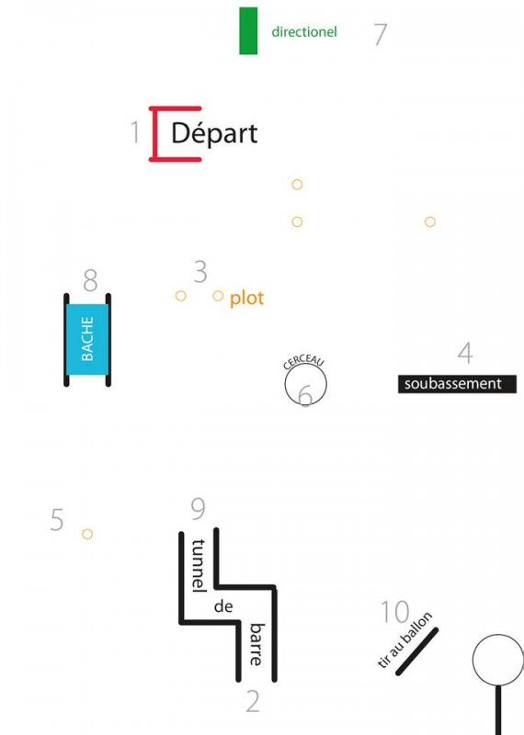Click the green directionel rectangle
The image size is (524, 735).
248,31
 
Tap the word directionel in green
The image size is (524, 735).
304,32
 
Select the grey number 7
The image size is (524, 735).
381,34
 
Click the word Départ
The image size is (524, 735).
214,133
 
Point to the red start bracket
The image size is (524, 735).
153,134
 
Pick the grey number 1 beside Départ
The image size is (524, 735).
135,131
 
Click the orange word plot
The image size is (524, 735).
246,299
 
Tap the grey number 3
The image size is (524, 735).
200,272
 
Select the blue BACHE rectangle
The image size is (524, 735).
87,340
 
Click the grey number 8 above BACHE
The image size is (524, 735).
90,280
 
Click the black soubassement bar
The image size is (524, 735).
458,384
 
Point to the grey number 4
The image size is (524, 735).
465,353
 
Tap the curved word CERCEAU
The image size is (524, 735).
304,361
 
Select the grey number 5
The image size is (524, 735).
57,520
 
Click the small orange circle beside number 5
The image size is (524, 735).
87,534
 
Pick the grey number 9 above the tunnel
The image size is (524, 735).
199,509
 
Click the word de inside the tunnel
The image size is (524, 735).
223,606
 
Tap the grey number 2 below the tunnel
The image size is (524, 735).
253,702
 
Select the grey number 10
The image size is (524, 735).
395,612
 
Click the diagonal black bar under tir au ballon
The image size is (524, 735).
417,651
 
